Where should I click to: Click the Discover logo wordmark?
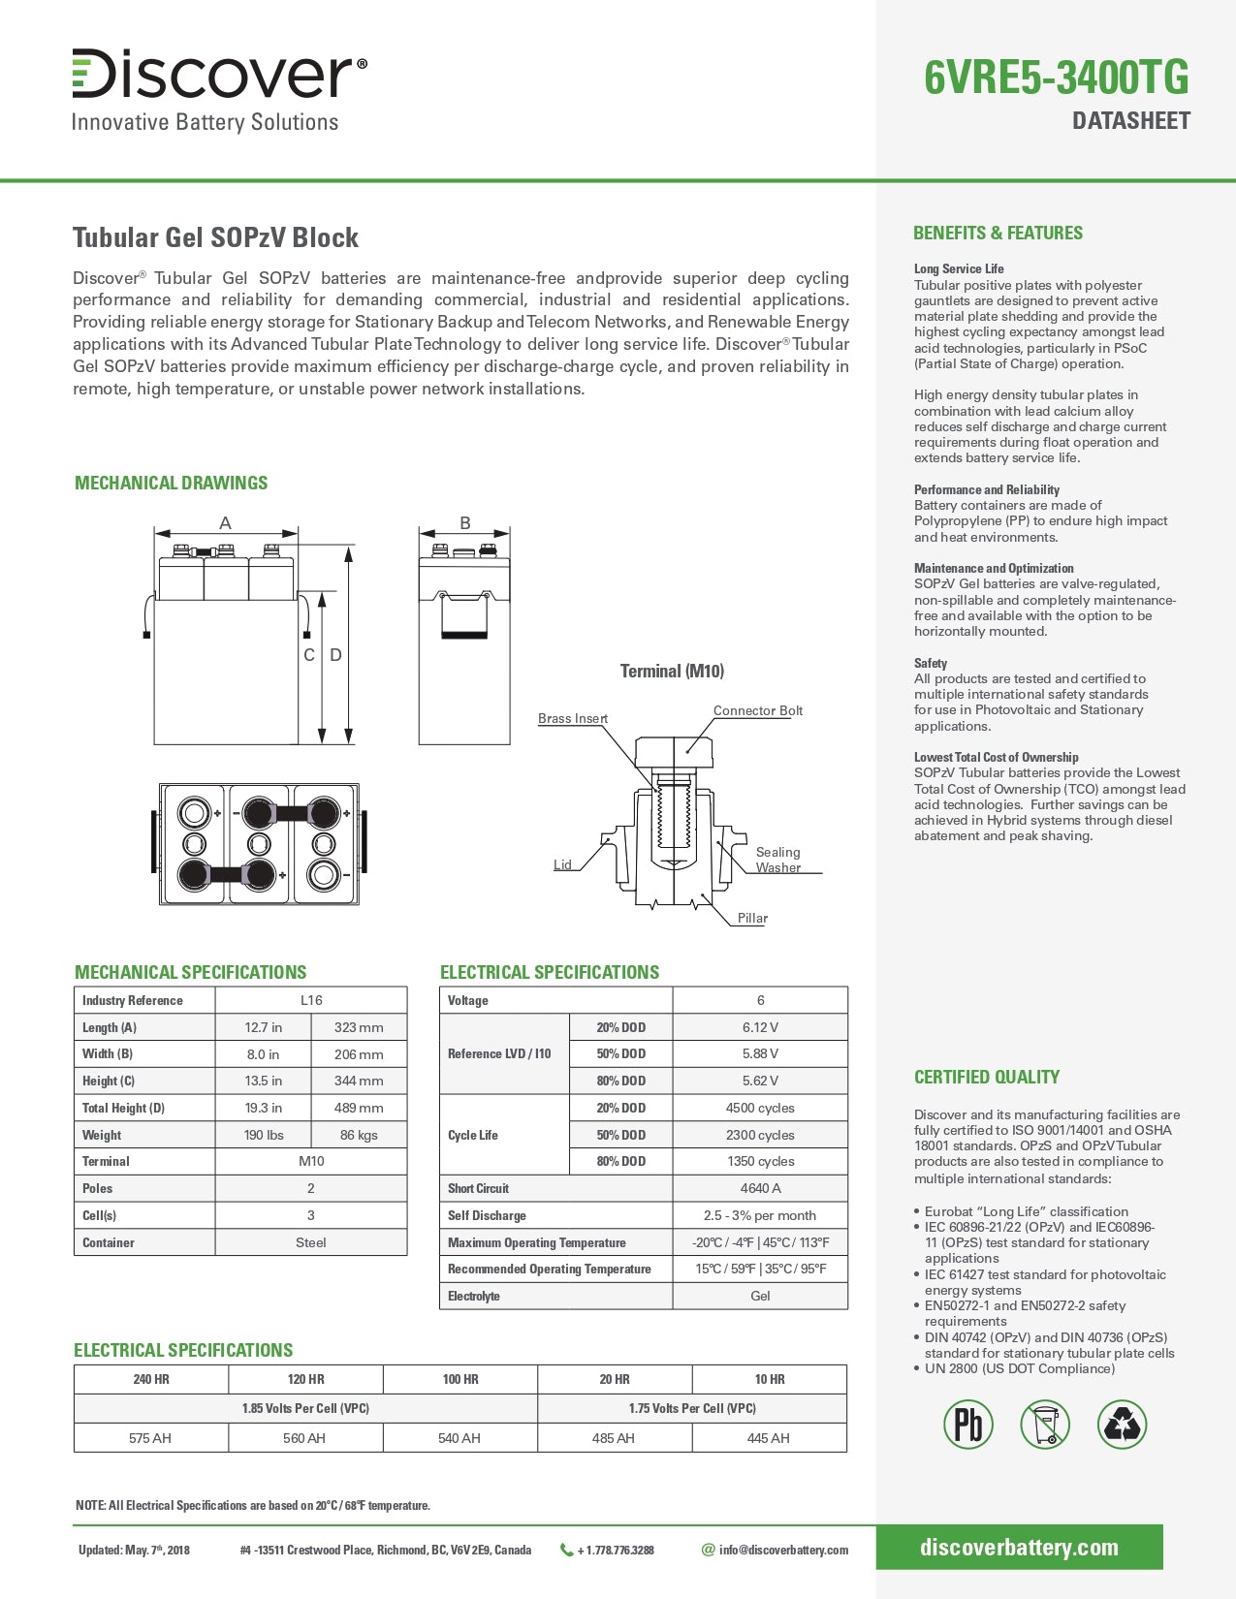coord(219,74)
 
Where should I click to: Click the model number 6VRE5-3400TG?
coord(1056,78)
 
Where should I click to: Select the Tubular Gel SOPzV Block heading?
coord(215,238)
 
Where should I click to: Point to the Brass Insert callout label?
coord(573,718)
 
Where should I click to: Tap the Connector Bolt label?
coord(757,710)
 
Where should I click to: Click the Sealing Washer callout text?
coord(777,860)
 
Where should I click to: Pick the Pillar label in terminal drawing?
coord(752,918)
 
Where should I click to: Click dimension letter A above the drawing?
coord(225,523)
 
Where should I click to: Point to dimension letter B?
coord(465,523)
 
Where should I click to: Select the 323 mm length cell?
coord(359,1027)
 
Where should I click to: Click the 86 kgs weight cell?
coord(359,1135)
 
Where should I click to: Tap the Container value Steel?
coord(310,1242)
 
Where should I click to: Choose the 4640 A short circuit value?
coord(760,1188)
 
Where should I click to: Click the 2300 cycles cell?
coord(760,1135)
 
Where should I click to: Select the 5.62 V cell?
coord(760,1081)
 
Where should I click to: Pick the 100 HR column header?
coord(460,1379)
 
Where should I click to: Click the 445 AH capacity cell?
coord(769,1438)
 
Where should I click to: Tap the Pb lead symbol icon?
coord(968,1425)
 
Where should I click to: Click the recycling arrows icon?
coord(1123,1425)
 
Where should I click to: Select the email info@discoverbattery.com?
coord(782,1550)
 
